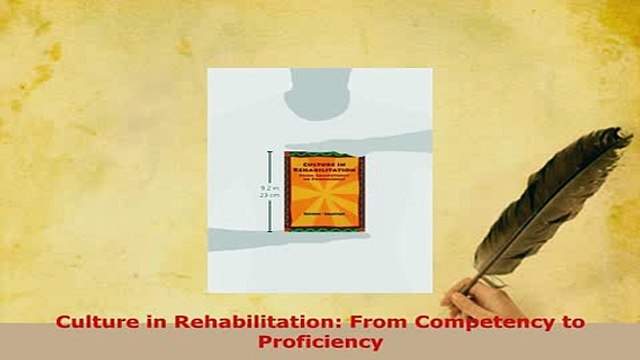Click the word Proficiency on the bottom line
pyautogui.click(x=319, y=341)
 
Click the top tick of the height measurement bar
pyautogui.click(x=269, y=152)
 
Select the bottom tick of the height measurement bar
pyautogui.click(x=269, y=231)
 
